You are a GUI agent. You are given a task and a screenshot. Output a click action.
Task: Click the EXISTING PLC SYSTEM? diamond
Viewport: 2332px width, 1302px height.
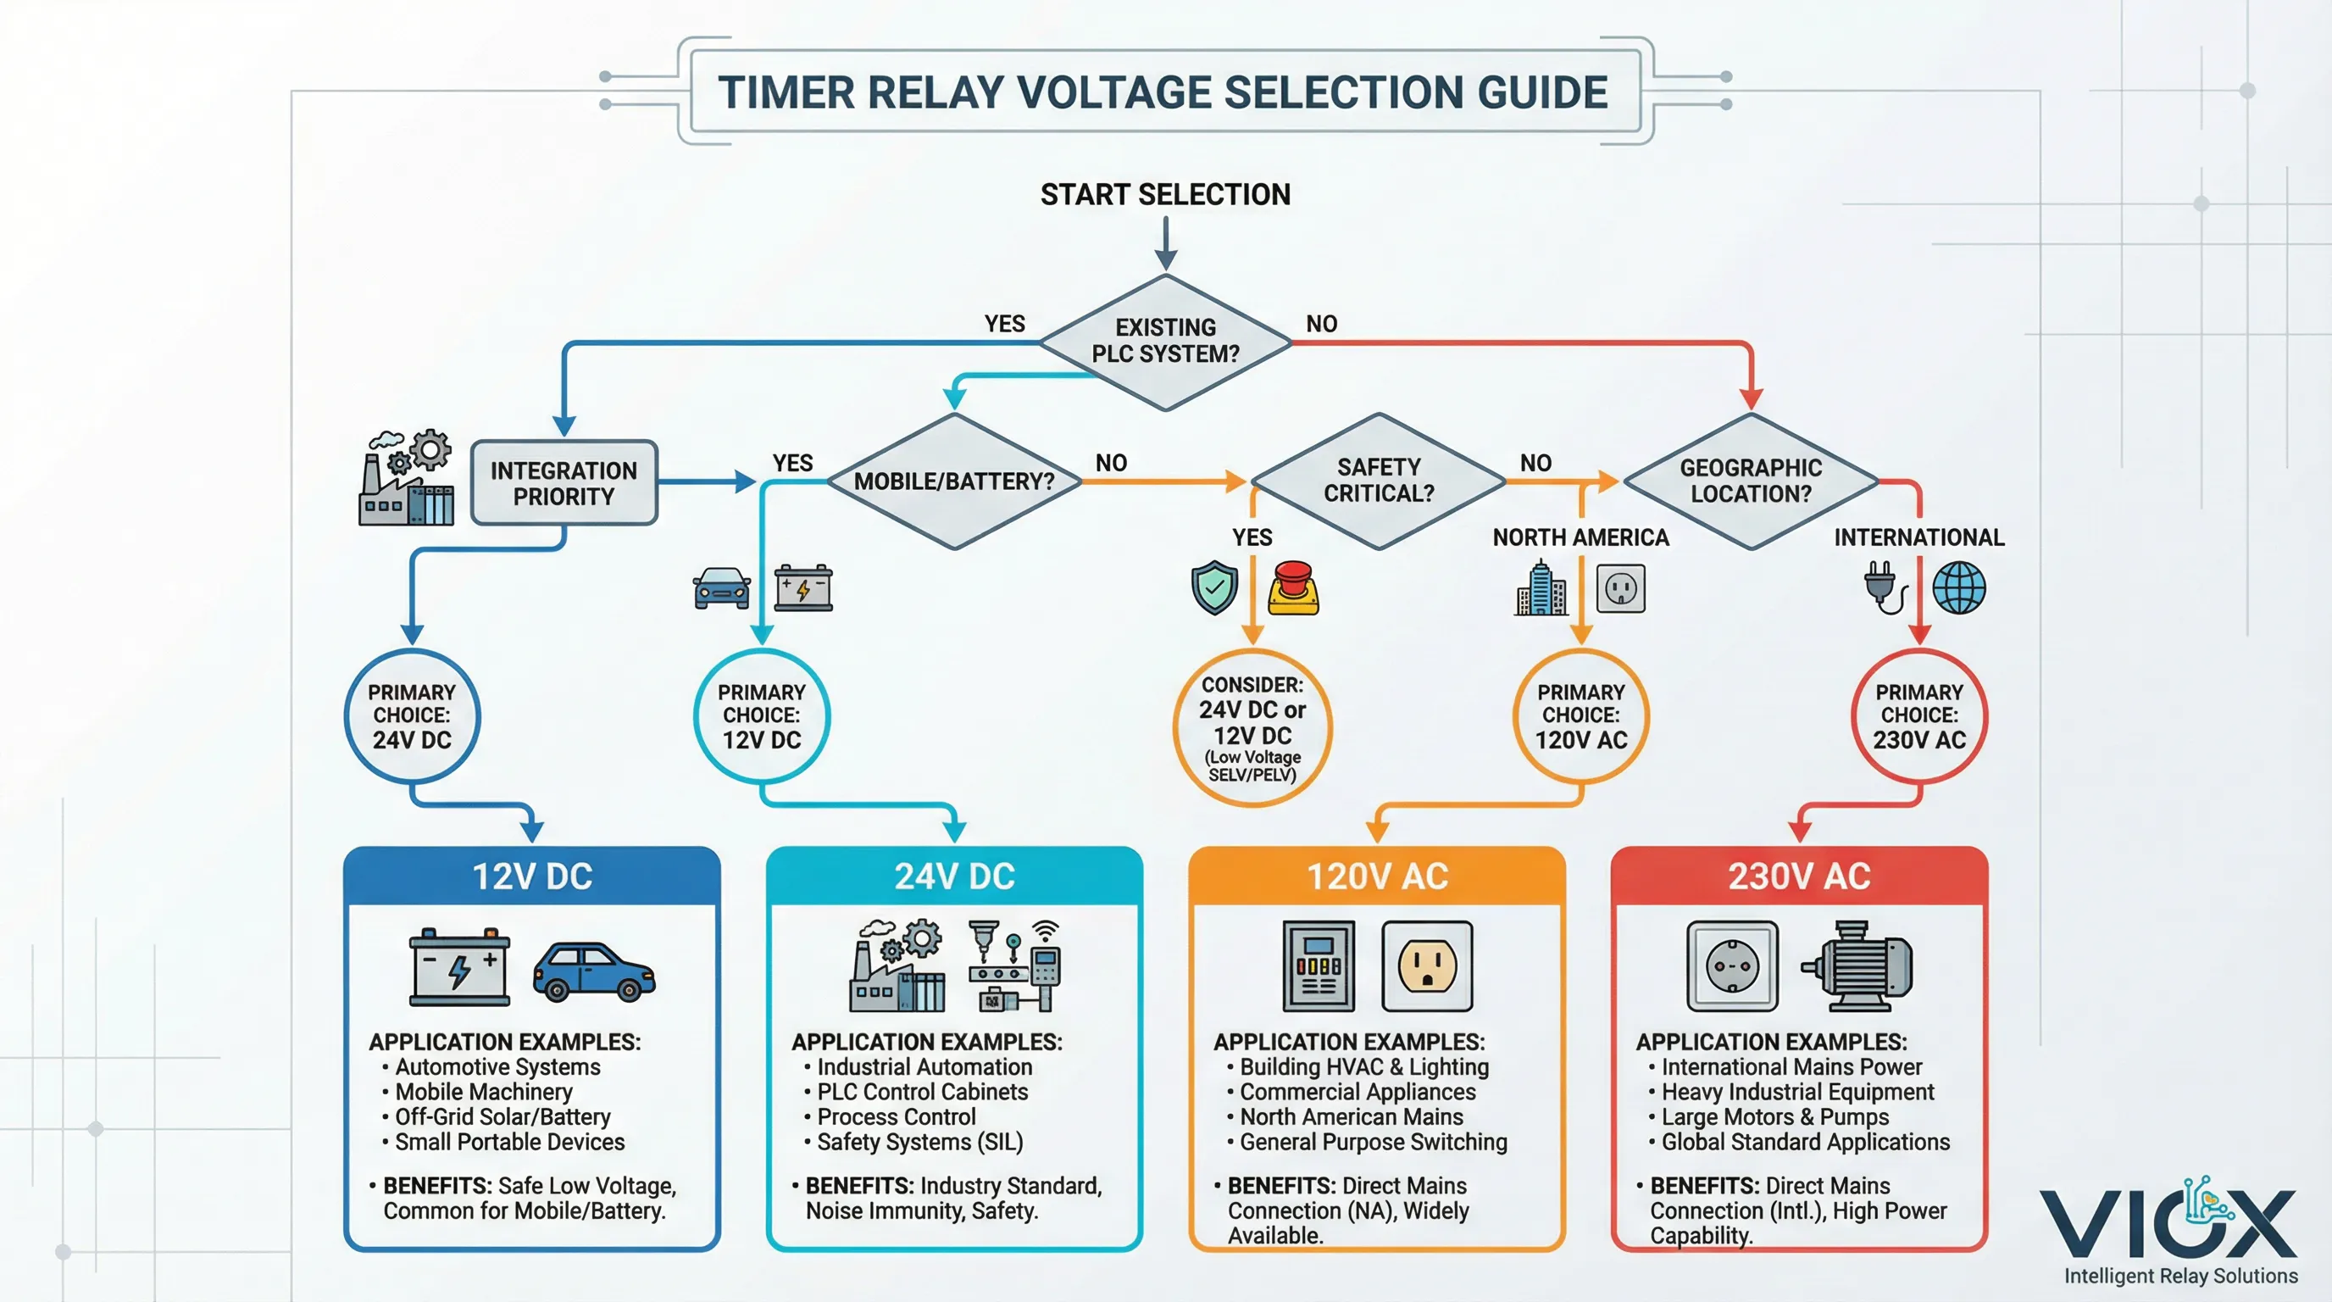click(x=1165, y=342)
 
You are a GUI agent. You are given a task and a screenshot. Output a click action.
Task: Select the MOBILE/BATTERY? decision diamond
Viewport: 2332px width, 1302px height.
click(x=954, y=481)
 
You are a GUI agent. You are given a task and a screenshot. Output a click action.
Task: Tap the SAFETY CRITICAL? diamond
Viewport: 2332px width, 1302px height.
click(x=1378, y=481)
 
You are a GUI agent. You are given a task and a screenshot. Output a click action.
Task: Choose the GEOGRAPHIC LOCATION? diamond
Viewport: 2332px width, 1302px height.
click(x=1750, y=481)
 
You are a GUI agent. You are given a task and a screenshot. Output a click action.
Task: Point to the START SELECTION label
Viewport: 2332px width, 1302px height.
click(x=1165, y=194)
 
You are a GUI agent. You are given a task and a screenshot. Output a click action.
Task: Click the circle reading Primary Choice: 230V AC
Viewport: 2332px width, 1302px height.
click(x=1918, y=715)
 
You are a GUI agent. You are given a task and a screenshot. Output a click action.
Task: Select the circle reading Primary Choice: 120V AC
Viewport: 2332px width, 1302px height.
click(x=1580, y=715)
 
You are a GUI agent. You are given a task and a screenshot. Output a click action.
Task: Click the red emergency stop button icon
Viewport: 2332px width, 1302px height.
click(x=1294, y=588)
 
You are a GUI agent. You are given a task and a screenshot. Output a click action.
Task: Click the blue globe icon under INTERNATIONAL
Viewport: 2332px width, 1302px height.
click(x=1959, y=587)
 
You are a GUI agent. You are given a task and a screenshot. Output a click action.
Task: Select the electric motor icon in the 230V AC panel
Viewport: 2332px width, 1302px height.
click(x=1859, y=966)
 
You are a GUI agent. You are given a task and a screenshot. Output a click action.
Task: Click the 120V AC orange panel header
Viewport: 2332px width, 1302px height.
click(x=1377, y=876)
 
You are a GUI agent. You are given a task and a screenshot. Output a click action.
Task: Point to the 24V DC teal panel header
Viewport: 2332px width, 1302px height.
click(x=954, y=876)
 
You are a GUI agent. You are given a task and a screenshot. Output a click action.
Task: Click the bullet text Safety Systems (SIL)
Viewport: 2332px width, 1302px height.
click(x=919, y=1142)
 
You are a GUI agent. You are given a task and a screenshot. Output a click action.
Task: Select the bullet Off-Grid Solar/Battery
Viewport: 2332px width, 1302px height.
click(x=502, y=1116)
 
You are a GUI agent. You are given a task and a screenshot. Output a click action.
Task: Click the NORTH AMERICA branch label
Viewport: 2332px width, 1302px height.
click(x=1580, y=537)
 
